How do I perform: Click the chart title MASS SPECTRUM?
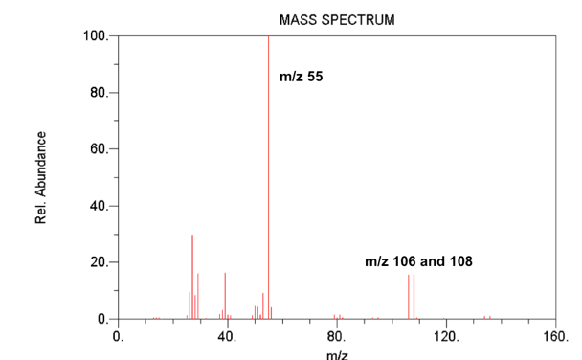point(336,20)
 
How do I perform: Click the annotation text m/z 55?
point(301,77)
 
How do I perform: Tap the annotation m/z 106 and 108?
point(418,260)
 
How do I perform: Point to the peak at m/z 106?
point(408,297)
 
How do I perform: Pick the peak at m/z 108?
point(414,297)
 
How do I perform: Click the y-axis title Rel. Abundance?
point(41,178)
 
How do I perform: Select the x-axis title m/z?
point(337,353)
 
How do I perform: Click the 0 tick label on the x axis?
point(119,336)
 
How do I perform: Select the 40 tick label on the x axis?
point(228,336)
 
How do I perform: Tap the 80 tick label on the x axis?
point(337,336)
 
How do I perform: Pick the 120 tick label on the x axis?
point(446,336)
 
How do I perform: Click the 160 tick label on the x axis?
point(555,336)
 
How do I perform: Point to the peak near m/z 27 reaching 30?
point(192,278)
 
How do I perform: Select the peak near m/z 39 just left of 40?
point(225,297)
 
